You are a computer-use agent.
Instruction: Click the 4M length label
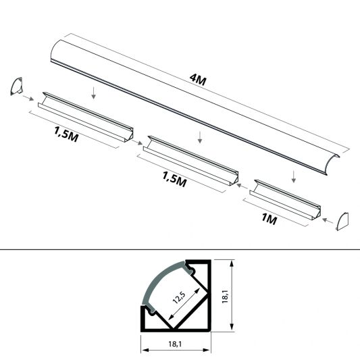(x=198, y=80)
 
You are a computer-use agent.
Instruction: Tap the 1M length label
(x=269, y=219)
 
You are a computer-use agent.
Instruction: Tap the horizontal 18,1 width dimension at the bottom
(x=175, y=344)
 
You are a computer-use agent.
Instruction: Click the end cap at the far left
(x=16, y=87)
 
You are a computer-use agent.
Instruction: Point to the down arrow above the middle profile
(x=199, y=138)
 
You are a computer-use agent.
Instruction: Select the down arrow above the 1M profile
(x=293, y=177)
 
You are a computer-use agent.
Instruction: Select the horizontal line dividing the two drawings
(x=180, y=249)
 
